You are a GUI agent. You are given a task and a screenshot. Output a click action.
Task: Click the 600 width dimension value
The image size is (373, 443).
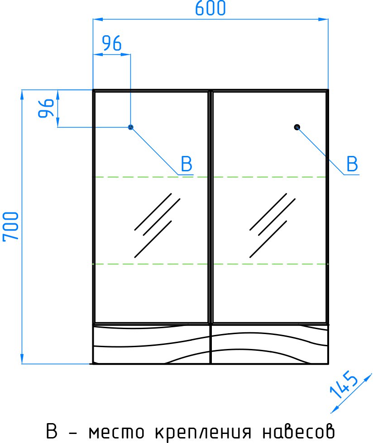point(210,8)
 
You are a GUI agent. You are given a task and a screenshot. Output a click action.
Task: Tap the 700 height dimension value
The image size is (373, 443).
point(11,226)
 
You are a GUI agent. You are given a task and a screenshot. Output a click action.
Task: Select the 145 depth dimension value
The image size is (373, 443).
point(344,385)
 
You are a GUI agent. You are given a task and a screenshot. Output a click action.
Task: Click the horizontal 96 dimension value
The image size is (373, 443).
point(112,43)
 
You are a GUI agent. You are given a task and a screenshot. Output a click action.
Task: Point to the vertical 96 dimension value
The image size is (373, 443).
point(46,108)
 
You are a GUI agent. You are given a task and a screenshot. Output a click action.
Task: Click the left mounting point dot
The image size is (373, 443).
point(130,127)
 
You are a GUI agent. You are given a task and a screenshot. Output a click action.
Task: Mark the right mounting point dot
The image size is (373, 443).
point(297,127)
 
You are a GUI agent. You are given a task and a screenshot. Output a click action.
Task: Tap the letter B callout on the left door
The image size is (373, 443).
point(186,164)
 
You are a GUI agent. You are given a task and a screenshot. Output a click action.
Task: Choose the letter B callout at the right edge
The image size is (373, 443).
point(352,164)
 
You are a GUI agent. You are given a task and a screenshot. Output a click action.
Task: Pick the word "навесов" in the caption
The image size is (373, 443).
point(299,431)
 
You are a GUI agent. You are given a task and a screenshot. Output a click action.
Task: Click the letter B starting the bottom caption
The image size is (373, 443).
point(52,430)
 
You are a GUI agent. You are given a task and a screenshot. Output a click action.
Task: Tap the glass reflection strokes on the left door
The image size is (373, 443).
point(157,226)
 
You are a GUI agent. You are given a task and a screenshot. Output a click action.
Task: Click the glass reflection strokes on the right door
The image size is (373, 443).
point(272,226)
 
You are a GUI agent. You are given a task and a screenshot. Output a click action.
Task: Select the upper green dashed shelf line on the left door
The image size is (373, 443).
point(151,177)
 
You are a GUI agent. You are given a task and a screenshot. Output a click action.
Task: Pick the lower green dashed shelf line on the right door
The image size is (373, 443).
point(270,264)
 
